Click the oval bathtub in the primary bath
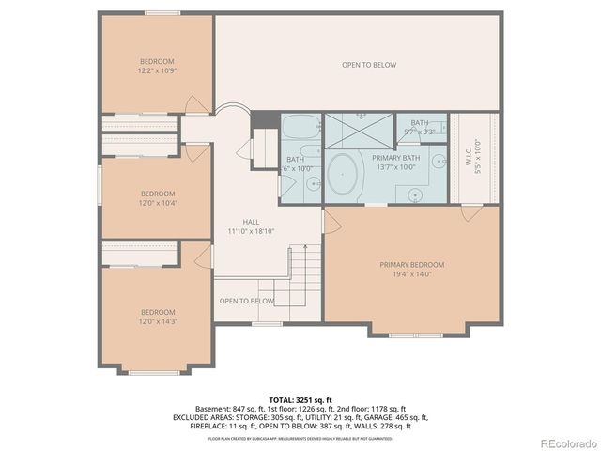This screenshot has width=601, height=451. pos(344,176)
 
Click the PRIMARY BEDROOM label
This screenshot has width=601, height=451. pos(411,265)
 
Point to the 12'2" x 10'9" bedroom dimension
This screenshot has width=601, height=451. pos(157,70)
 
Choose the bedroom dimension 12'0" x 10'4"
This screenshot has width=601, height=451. pos(158,202)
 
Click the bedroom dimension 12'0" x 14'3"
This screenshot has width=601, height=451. pos(158,321)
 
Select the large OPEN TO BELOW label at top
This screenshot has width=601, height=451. pos(368,65)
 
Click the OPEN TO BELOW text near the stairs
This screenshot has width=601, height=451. pos(247,301)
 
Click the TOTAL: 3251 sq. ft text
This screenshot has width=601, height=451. pos(300,398)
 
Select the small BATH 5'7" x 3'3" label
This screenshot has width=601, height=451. pos(419,127)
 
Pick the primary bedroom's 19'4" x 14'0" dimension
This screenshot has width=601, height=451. pos(411,274)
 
